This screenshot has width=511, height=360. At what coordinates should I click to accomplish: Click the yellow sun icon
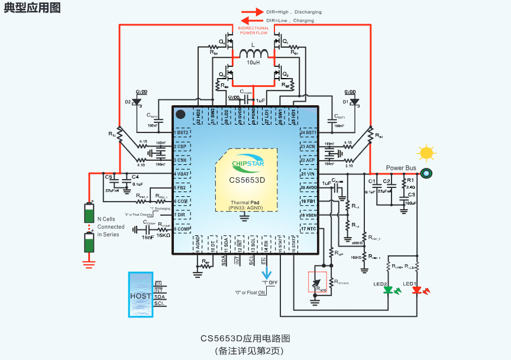426,153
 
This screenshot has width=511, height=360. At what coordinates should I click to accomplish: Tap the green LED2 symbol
389,290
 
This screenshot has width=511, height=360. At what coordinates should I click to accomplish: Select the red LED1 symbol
417,290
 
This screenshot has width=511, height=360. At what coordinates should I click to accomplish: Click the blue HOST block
141,296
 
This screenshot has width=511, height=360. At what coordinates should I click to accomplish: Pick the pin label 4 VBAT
183,174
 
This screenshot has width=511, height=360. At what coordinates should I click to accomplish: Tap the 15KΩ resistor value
163,235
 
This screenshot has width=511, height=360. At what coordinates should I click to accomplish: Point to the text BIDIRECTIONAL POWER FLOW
253,30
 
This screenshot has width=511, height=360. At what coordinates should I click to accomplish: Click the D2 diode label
128,102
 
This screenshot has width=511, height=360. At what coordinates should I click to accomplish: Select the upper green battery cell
89,212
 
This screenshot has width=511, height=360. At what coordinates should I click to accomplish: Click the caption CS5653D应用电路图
245,339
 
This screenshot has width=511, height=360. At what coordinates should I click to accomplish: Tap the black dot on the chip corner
181,113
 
